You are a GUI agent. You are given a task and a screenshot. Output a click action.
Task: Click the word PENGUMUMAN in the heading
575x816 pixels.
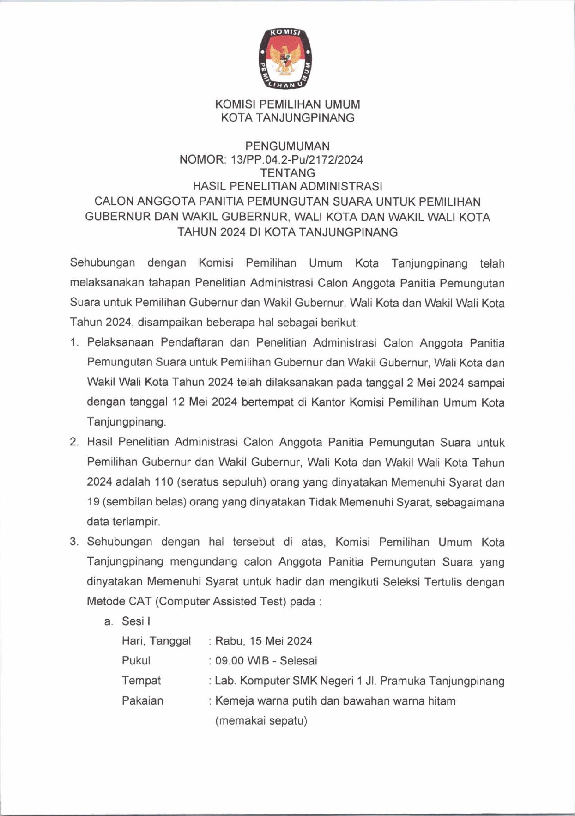[x=287, y=146]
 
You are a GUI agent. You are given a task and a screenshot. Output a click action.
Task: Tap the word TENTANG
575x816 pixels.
[x=287, y=173]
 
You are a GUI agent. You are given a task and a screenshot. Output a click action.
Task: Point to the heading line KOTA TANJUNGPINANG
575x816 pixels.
[x=287, y=118]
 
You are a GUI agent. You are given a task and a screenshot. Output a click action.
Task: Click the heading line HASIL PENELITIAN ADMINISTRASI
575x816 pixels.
[x=287, y=186]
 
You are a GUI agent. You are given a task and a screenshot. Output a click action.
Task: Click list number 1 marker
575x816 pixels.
[x=74, y=343]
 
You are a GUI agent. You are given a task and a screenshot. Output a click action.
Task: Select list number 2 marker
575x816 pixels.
[x=74, y=442]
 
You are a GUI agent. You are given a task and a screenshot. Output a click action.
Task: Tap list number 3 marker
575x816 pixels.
[x=74, y=542]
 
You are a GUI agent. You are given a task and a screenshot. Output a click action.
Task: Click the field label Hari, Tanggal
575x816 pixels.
[x=156, y=641]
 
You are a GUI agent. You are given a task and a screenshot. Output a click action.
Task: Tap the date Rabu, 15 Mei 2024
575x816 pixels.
[x=264, y=641]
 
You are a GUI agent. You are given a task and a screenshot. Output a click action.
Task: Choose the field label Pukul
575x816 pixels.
[x=136, y=661]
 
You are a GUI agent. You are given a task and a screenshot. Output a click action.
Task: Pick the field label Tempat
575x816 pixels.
[x=141, y=681]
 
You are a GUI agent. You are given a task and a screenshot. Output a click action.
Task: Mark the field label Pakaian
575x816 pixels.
[x=142, y=701]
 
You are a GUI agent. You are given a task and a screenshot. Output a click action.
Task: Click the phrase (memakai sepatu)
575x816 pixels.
[x=261, y=721]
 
